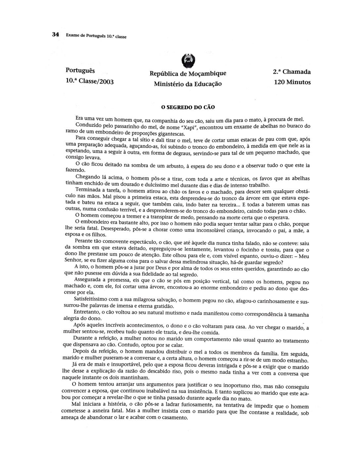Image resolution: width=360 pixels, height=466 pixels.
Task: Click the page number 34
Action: tap(55, 34)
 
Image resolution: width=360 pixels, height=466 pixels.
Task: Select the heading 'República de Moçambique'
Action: tap(188, 73)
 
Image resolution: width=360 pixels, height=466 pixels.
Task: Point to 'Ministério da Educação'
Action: tap(188, 84)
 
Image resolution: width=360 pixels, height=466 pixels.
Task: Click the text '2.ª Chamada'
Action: tap(292, 71)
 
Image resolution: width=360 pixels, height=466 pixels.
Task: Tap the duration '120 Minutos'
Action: tap(292, 82)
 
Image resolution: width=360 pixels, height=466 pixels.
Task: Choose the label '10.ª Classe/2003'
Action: tap(90, 81)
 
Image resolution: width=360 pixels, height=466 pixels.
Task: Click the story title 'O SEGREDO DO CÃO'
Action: tap(188, 107)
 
